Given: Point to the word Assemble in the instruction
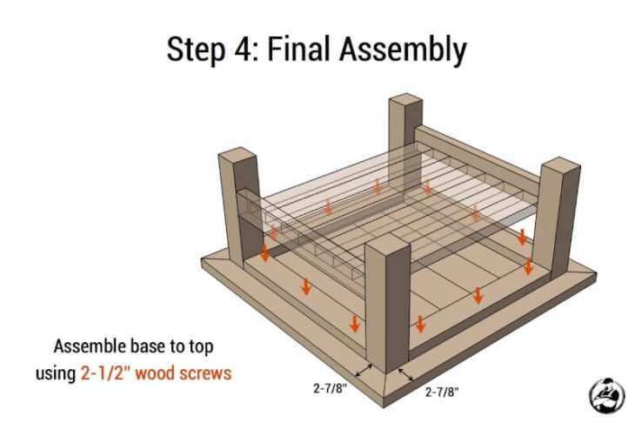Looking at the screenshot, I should pyautogui.click(x=91, y=344).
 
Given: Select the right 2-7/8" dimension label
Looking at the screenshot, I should pyautogui.click(x=442, y=393).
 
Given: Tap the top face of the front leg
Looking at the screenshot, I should pyautogui.click(x=387, y=247).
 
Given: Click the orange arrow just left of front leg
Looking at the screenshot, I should pyautogui.click(x=354, y=324).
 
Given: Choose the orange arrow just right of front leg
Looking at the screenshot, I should pyautogui.click(x=420, y=324).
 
